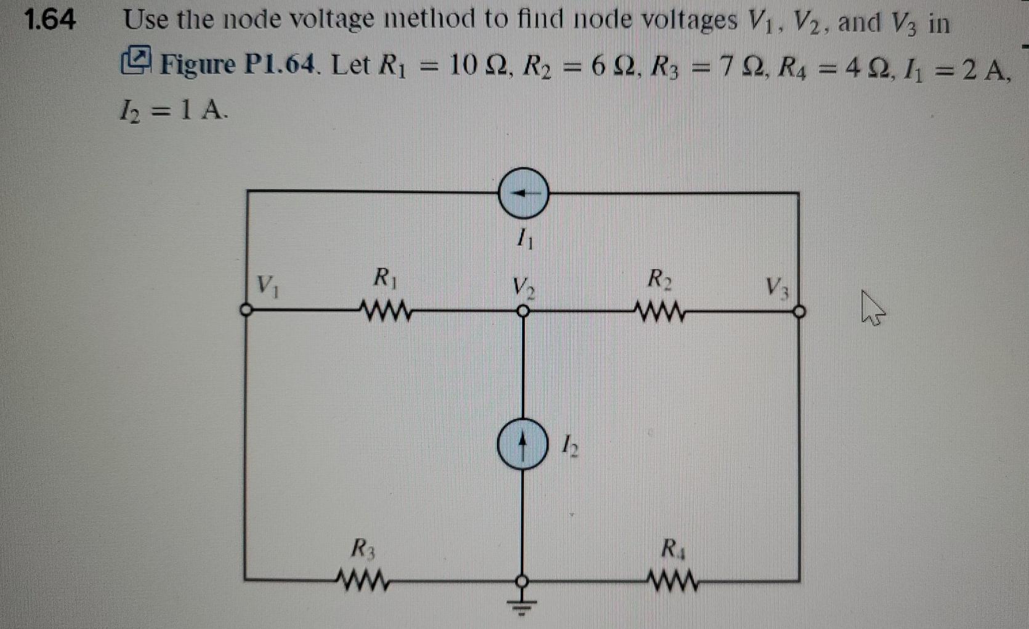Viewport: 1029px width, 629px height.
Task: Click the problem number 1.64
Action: click(x=49, y=20)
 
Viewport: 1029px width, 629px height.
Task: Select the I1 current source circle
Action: click(x=523, y=193)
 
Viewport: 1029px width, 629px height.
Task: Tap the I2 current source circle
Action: click(x=522, y=444)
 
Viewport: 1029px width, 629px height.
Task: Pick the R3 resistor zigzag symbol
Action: click(x=363, y=580)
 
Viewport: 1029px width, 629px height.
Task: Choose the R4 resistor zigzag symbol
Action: click(x=672, y=580)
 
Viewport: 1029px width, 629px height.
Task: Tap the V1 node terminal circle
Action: click(x=246, y=310)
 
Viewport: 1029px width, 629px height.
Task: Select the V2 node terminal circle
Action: click(x=522, y=312)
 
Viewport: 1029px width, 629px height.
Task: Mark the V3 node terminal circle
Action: click(x=799, y=312)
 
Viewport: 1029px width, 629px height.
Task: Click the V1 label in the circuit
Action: click(x=267, y=286)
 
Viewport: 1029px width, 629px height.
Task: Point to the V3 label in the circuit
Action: click(x=777, y=287)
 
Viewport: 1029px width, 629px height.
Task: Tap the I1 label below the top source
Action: click(x=525, y=238)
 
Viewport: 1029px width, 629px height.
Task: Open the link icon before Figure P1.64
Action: click(x=136, y=61)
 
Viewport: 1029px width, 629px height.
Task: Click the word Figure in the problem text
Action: click(x=197, y=64)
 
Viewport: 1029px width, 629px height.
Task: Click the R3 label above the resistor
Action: click(x=363, y=548)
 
